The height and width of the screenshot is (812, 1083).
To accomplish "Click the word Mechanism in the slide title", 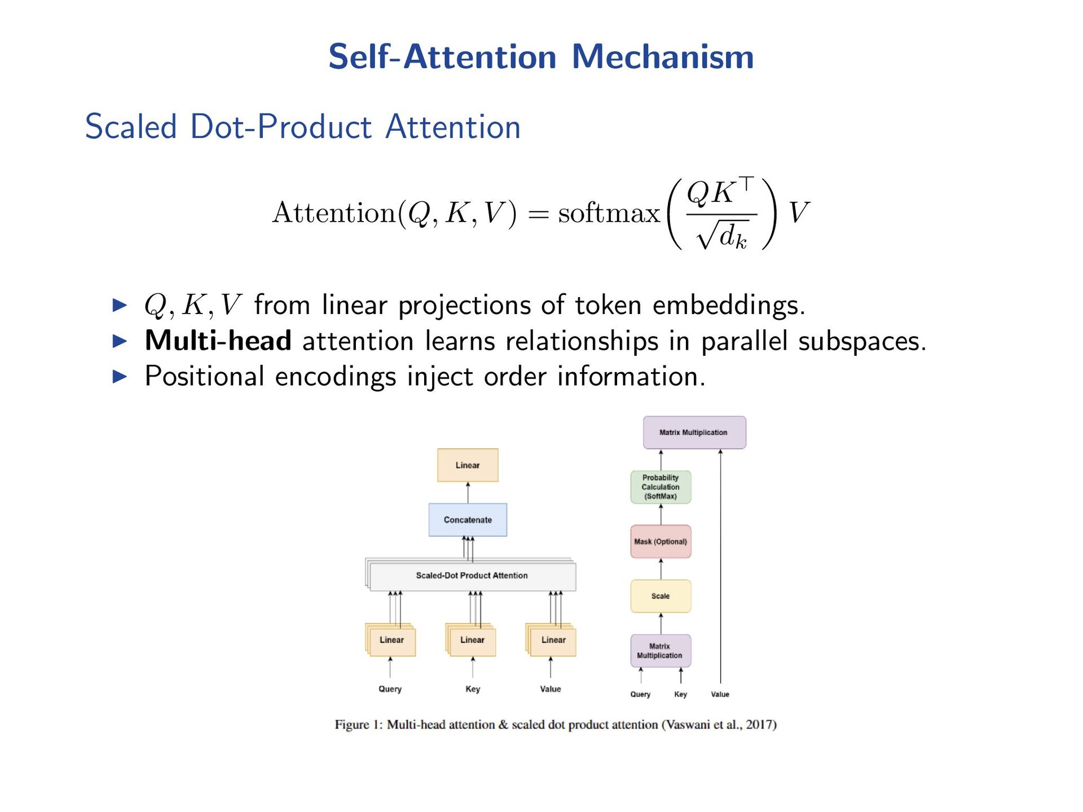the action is [663, 57].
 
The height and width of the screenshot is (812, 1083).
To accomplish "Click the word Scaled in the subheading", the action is [131, 126].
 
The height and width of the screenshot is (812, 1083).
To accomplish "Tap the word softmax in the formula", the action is [609, 213].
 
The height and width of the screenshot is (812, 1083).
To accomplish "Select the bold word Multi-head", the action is [218, 341].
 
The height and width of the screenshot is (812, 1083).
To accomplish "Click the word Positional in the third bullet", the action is [204, 376].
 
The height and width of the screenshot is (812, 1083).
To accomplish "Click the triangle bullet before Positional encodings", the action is [120, 376].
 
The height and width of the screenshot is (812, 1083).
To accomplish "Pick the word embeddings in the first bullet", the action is [728, 305].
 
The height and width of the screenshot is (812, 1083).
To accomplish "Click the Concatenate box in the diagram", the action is [468, 519].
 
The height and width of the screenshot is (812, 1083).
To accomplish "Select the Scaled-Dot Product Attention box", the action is [472, 575].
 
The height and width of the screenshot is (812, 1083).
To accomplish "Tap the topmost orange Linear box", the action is [468, 465].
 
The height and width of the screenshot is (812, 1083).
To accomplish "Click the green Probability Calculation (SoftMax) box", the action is [661, 487].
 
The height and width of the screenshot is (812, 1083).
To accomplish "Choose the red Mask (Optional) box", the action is [661, 541].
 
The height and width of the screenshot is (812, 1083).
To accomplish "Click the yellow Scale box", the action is [661, 596].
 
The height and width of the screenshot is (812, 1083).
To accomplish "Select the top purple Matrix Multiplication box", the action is [694, 433].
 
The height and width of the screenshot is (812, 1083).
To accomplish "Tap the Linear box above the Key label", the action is [472, 640].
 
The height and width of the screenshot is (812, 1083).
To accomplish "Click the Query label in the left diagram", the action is [390, 689].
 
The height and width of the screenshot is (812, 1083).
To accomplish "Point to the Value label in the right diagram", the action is [720, 694].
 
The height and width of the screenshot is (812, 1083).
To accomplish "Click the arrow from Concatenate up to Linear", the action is [468, 492].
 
